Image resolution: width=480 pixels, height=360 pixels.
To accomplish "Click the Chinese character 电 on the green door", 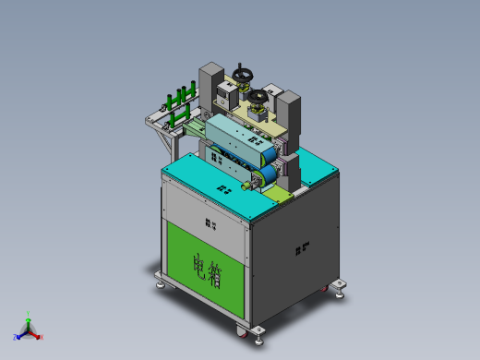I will pyautogui.click(x=199, y=265).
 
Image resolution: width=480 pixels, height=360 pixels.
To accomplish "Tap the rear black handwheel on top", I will pyautogui.click(x=244, y=73).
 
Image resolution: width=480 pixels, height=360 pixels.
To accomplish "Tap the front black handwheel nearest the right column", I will pyautogui.click(x=259, y=95).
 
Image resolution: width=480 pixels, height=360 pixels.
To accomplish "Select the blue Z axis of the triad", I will pyautogui.click(x=20, y=334).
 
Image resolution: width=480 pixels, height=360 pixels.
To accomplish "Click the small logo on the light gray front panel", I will pyautogui.click(x=210, y=223).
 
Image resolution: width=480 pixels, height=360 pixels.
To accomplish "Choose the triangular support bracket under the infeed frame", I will pyautogui.click(x=164, y=140).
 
